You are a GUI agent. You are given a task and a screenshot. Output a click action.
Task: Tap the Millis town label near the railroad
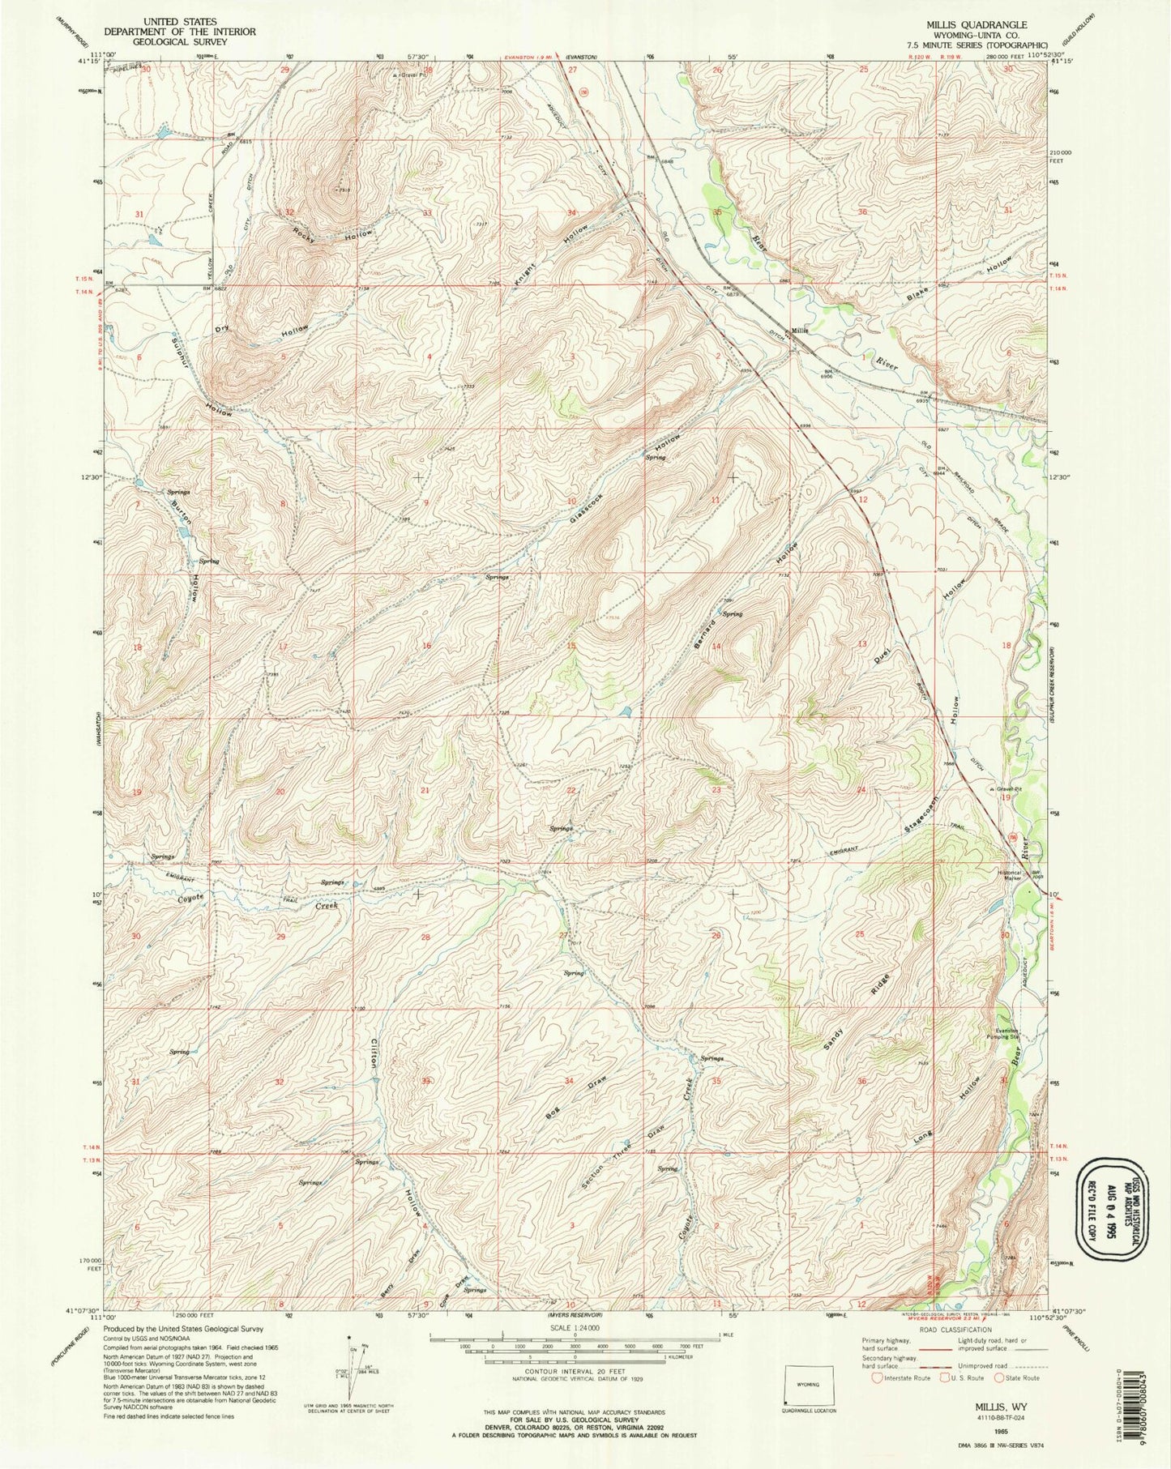pyautogui.click(x=800, y=331)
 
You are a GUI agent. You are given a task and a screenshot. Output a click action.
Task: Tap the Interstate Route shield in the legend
pyautogui.click(x=880, y=1377)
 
